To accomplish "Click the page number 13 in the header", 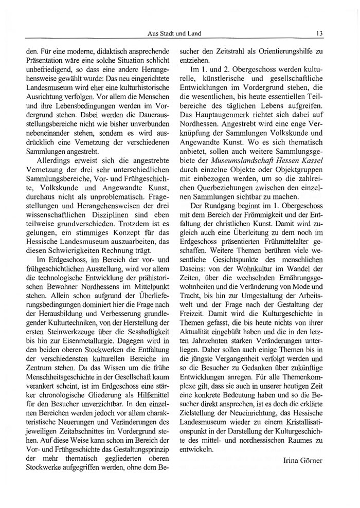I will point(319,34).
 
